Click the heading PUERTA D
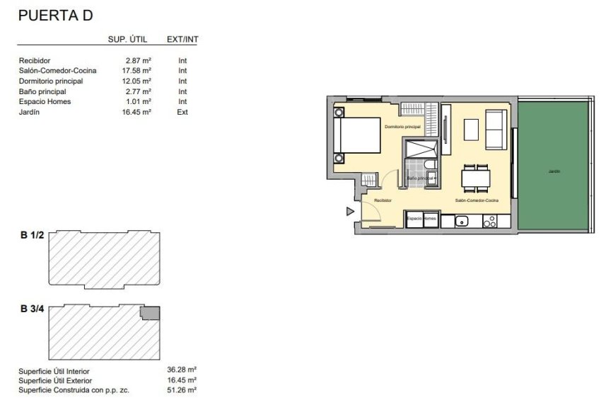(x=55, y=14)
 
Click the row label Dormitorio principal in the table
(x=50, y=81)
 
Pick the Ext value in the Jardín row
(x=182, y=112)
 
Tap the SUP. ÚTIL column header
(x=127, y=40)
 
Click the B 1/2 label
(x=33, y=236)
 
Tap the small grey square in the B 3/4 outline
(x=150, y=313)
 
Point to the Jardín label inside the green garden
(x=553, y=171)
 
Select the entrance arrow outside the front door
(x=349, y=211)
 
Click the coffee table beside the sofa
(x=471, y=130)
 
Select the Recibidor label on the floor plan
(x=383, y=201)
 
